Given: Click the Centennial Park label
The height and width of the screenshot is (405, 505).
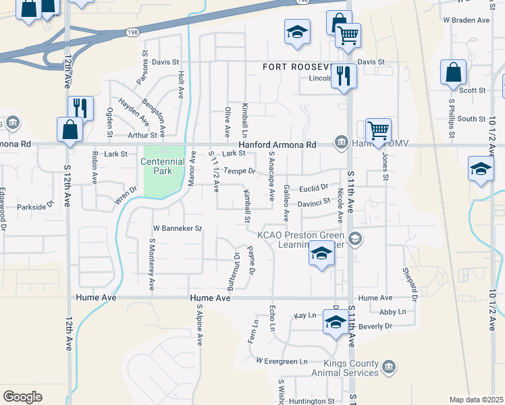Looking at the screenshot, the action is [163, 167].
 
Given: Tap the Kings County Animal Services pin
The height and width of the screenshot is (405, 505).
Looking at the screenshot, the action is [388, 367].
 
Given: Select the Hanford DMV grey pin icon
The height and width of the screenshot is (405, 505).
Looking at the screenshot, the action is [342, 142].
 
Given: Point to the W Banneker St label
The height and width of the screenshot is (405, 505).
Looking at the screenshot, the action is [178, 229].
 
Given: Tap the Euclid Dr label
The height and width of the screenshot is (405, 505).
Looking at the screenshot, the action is [315, 186].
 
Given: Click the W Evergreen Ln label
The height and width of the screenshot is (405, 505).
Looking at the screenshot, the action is [282, 361].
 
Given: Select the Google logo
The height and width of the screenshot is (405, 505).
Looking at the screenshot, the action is [22, 397].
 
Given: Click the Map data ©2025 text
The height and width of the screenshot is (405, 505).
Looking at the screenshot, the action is [475, 400].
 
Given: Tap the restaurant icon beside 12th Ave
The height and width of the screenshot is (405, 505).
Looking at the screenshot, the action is [79, 107].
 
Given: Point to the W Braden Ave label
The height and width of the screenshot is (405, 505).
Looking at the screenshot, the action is [467, 21].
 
